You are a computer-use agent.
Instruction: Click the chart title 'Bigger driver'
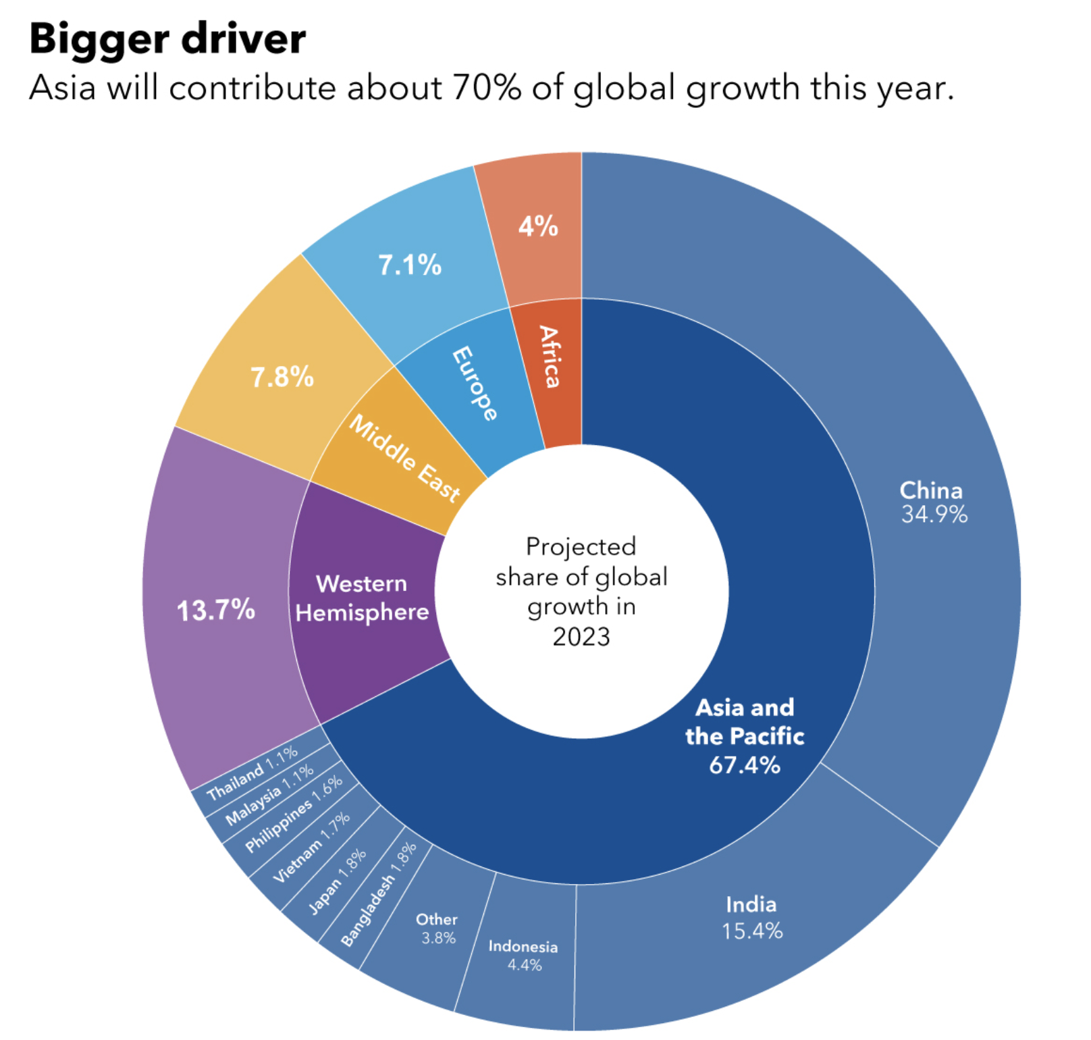pyautogui.click(x=167, y=39)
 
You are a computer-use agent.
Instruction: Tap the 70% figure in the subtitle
pyautogui.click(x=486, y=88)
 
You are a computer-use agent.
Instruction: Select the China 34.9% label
pyautogui.click(x=933, y=502)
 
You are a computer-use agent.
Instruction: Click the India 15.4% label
pyautogui.click(x=751, y=918)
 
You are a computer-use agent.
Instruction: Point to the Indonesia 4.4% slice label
pyautogui.click(x=523, y=955)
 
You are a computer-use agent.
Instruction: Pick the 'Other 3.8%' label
pyautogui.click(x=437, y=929)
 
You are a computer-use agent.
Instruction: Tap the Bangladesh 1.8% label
pyautogui.click(x=378, y=895)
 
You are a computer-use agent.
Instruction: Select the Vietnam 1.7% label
pyautogui.click(x=311, y=848)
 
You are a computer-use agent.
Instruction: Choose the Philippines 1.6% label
pyautogui.click(x=293, y=814)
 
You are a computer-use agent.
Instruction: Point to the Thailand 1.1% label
pyautogui.click(x=252, y=773)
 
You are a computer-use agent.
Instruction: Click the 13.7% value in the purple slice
pyautogui.click(x=216, y=610)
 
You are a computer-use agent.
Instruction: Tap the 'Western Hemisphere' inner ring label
pyautogui.click(x=362, y=598)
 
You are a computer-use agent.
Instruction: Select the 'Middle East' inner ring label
pyautogui.click(x=404, y=458)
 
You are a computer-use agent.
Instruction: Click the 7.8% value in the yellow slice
pyautogui.click(x=282, y=377)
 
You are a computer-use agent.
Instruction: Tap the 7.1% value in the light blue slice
pyautogui.click(x=410, y=265)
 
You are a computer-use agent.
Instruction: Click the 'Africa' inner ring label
pyautogui.click(x=550, y=357)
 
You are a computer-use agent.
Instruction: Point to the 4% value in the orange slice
pyautogui.click(x=538, y=226)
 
